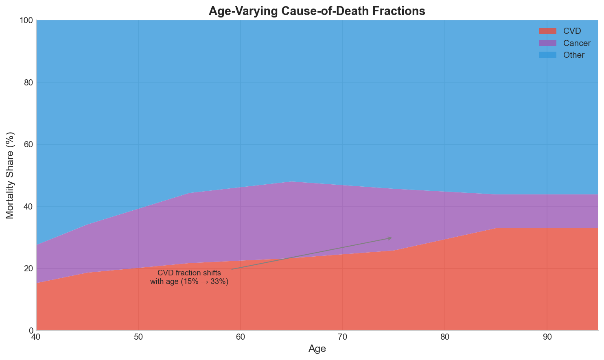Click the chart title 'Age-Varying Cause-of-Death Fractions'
[x=317, y=11]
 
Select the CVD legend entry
[x=572, y=31]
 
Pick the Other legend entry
[x=574, y=55]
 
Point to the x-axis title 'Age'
[x=317, y=349]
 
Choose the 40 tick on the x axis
[x=36, y=337]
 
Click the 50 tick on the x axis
[x=138, y=337]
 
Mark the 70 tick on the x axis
[x=343, y=337]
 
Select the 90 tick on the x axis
[x=547, y=337]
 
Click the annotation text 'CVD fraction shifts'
[x=189, y=273]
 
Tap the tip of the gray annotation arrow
[x=391, y=238]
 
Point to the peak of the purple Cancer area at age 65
[x=291, y=182]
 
